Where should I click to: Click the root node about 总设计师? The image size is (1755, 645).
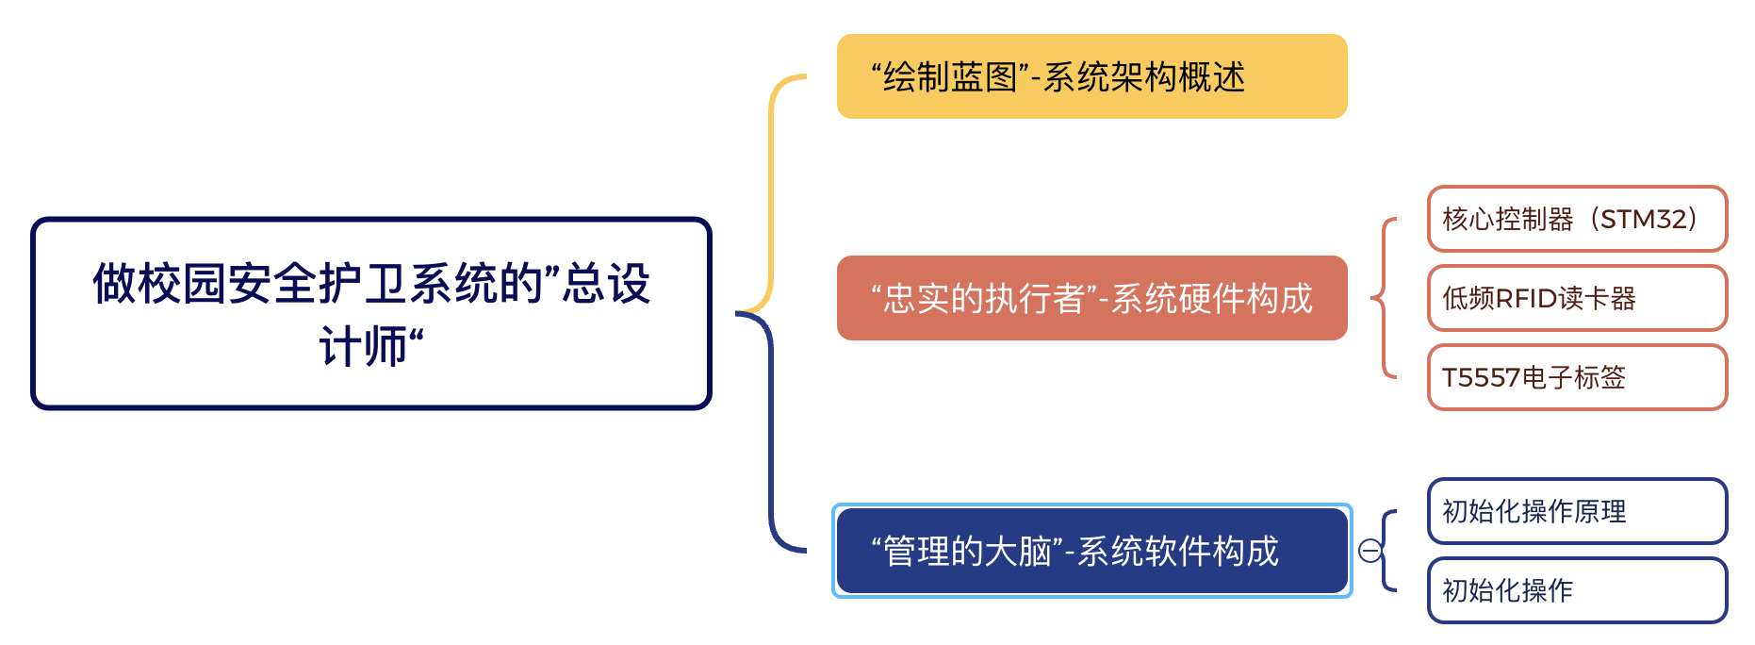pyautogui.click(x=370, y=313)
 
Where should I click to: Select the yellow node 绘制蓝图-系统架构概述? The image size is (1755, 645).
pyautogui.click(x=1091, y=76)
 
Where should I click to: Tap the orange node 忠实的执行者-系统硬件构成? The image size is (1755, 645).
pyautogui.click(x=1091, y=298)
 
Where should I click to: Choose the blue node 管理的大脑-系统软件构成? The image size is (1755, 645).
pyautogui.click(x=1091, y=551)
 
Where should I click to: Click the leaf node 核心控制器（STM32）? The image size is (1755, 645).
pyautogui.click(x=1577, y=219)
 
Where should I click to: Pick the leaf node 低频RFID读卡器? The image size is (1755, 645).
pyautogui.click(x=1577, y=298)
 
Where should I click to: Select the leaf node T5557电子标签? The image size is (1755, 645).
pyautogui.click(x=1577, y=377)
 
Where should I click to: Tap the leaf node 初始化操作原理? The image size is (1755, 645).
pyautogui.click(x=1577, y=511)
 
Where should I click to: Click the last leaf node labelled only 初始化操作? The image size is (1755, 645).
pyautogui.click(x=1577, y=590)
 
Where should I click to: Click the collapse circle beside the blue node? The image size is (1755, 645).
pyautogui.click(x=1370, y=551)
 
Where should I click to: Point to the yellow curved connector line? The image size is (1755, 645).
pyautogui.click(x=771, y=189)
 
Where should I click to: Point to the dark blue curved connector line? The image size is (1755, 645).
pyautogui.click(x=771, y=434)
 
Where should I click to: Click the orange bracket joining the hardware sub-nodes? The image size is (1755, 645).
pyautogui.click(x=1384, y=298)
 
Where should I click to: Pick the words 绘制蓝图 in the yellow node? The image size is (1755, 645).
pyautogui.click(x=950, y=77)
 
